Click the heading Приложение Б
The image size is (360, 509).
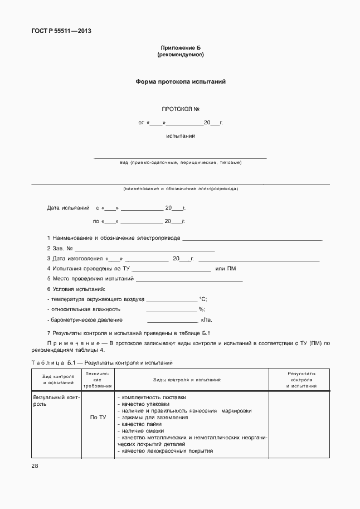pos(180,48)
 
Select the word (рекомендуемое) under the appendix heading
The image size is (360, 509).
pos(180,55)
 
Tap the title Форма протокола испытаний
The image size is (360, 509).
pos(180,81)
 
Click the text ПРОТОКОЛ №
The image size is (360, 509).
pos(180,109)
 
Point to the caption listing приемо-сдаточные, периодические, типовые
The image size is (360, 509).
pos(180,163)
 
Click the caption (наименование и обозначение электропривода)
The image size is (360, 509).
pos(180,188)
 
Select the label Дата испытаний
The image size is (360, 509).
pos(68,208)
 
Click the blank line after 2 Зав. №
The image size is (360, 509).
pos(144,248)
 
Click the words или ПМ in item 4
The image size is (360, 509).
pos(225,269)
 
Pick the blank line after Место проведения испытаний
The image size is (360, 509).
pos(189,279)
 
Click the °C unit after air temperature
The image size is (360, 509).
pos(203,299)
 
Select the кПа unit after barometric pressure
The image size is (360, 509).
pos(206,320)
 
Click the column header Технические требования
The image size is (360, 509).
pos(98,379)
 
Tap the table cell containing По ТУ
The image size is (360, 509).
pos(98,417)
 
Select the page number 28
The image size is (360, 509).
pos(35,466)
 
